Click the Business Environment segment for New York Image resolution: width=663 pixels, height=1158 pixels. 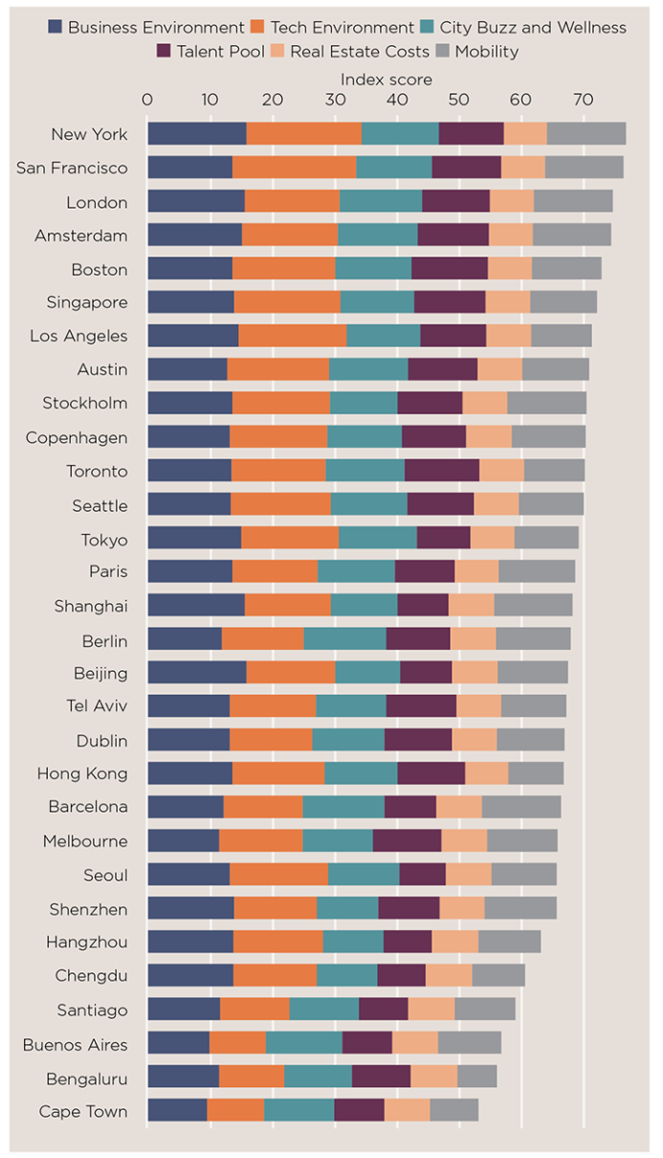(196, 134)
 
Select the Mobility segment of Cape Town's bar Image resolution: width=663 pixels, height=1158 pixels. (454, 1110)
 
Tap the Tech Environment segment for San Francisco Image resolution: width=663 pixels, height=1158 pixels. (294, 167)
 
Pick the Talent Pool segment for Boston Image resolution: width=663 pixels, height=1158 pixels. (450, 269)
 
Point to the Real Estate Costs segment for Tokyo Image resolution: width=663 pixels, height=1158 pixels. (492, 538)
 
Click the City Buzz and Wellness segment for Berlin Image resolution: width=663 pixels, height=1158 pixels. (344, 639)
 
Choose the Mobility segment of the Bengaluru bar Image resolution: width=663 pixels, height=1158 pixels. (476, 1077)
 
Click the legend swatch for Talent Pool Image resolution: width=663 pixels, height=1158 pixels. (164, 51)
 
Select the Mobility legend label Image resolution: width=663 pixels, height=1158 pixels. (487, 51)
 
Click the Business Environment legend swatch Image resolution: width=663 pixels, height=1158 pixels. (55, 27)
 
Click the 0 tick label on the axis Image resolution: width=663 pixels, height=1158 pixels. (147, 99)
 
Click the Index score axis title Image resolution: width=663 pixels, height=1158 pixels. (386, 79)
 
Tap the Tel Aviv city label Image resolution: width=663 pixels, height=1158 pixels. (96, 706)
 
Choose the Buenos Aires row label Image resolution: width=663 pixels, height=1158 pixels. (75, 1043)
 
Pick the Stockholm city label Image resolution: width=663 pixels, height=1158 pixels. (84, 403)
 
